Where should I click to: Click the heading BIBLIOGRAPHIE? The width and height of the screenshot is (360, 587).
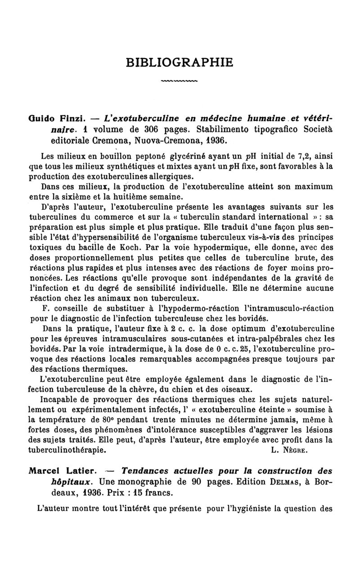pos(180,62)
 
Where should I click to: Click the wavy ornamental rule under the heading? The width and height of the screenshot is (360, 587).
pos(180,82)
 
